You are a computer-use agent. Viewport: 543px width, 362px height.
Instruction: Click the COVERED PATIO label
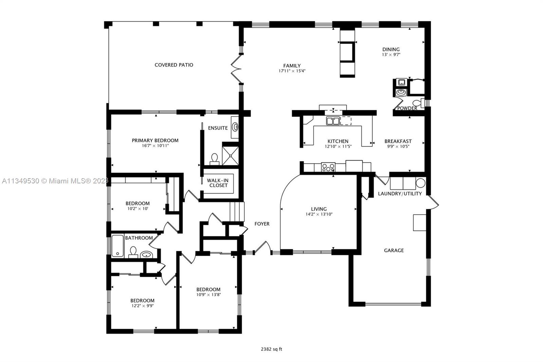click(x=174, y=65)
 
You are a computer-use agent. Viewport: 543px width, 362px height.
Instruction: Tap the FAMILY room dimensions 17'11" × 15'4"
click(x=292, y=71)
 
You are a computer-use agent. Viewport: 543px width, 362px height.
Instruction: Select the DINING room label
click(x=391, y=49)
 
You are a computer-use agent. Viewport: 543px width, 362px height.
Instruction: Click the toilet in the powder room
click(x=416, y=103)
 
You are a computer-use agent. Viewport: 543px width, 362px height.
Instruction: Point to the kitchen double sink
click(x=333, y=121)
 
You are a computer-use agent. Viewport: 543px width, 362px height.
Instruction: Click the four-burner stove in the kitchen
click(x=328, y=167)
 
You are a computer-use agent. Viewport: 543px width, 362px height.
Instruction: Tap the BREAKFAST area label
click(x=398, y=141)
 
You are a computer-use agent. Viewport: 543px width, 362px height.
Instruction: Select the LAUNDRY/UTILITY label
click(x=400, y=194)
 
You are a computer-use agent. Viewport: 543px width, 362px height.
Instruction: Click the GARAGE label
click(x=394, y=250)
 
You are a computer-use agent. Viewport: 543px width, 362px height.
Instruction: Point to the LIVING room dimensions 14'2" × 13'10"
click(x=319, y=214)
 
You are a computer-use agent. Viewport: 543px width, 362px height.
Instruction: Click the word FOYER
click(x=262, y=224)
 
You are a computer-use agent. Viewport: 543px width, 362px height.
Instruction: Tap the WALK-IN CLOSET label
click(x=218, y=183)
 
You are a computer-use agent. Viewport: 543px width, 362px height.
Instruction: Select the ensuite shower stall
click(x=230, y=156)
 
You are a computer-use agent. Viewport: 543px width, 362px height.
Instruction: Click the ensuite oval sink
click(x=235, y=127)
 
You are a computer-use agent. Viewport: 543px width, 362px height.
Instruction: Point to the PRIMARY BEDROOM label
click(x=155, y=140)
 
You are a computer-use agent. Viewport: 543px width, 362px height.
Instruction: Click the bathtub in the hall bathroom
click(x=117, y=245)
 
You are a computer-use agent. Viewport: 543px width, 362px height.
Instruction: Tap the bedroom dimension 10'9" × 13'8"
click(x=208, y=295)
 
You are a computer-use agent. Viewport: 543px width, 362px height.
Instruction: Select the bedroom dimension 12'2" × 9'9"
click(x=143, y=306)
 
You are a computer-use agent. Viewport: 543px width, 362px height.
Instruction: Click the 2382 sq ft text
click(x=271, y=349)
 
